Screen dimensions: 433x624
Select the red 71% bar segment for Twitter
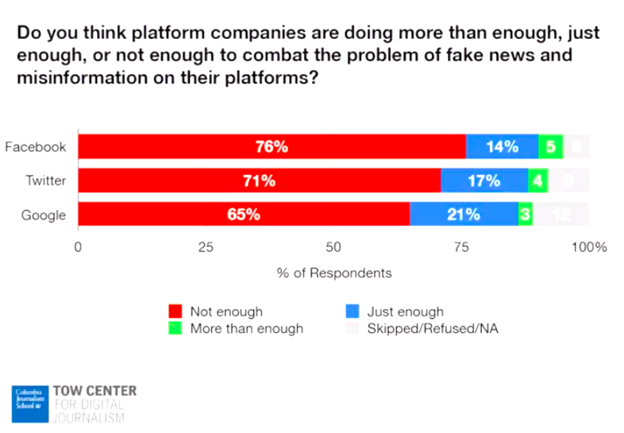259,181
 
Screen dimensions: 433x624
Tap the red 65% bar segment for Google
244,215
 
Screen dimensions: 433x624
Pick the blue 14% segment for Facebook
502,147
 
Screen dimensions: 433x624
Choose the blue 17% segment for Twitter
484,181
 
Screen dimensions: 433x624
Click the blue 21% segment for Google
464,215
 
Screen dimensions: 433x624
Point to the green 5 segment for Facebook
550,147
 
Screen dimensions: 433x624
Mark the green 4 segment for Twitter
537,181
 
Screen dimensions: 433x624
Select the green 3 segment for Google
525,215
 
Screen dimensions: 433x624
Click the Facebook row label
35,147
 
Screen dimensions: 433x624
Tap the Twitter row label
45,180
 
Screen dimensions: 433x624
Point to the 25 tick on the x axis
206,247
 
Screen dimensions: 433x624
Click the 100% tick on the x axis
590,247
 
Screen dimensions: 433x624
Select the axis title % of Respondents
334,273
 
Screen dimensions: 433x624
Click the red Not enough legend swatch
176,311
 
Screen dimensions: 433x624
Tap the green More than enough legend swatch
176,327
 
